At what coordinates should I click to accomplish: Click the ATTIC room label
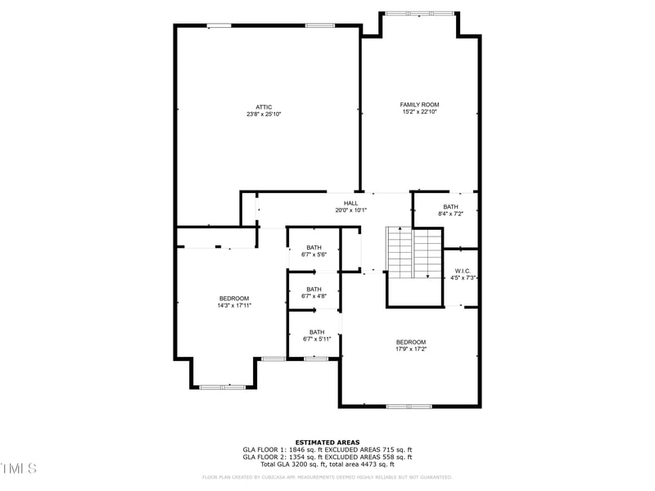click(x=264, y=107)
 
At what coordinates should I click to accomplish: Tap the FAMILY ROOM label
click(x=419, y=105)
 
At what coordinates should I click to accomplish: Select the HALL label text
click(x=350, y=203)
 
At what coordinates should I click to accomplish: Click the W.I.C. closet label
click(x=463, y=272)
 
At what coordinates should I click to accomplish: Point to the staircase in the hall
click(x=413, y=254)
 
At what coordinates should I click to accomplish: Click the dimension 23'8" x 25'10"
click(x=264, y=115)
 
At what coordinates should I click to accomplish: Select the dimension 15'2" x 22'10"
click(x=419, y=112)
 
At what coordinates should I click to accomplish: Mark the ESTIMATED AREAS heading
click(x=327, y=443)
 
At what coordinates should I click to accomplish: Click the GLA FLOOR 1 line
click(x=327, y=449)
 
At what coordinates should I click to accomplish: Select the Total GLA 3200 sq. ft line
click(x=327, y=464)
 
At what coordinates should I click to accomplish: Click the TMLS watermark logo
click(x=18, y=468)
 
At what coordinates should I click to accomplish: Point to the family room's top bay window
click(x=419, y=13)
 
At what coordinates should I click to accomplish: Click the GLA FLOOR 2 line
click(x=327, y=457)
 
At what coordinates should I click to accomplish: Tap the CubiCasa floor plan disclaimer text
click(x=327, y=476)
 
